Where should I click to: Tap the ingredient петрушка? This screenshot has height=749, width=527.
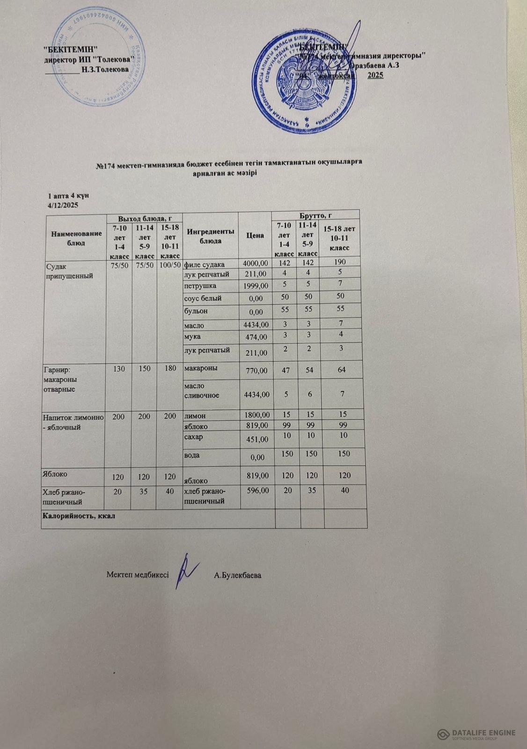(x=200, y=285)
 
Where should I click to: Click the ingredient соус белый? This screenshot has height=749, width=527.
(x=203, y=298)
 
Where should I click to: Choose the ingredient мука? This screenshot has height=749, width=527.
(x=193, y=336)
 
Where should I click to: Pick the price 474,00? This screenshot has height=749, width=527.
(x=257, y=337)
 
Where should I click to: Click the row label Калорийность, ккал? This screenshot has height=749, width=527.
(x=79, y=516)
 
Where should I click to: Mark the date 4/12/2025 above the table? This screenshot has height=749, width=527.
(x=63, y=205)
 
